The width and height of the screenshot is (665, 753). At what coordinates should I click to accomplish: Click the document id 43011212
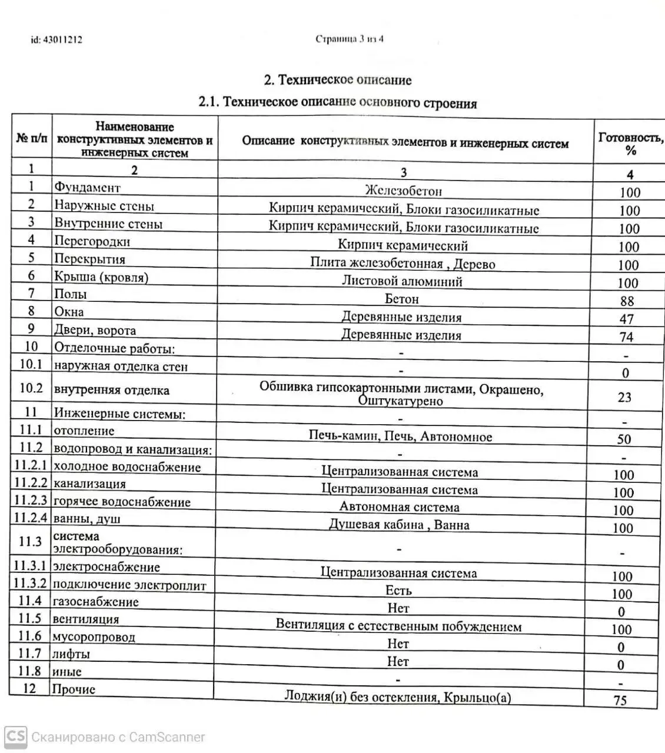coord(56,40)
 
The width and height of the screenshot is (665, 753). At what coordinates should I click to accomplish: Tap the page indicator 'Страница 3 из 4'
coord(350,39)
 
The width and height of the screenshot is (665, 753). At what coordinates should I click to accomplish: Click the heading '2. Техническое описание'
coord(338,80)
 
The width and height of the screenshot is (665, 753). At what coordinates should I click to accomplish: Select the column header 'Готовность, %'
coord(630,144)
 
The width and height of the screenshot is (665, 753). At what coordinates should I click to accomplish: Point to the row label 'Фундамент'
coord(87,188)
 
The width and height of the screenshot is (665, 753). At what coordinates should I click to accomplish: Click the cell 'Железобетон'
coord(403,191)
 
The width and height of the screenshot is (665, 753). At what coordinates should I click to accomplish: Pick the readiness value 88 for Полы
coord(627,301)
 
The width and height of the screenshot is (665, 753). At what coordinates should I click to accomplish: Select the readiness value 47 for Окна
coord(627,319)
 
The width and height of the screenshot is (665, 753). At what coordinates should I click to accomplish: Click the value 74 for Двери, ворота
coord(626,337)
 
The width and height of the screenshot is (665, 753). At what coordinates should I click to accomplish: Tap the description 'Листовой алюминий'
coord(402,281)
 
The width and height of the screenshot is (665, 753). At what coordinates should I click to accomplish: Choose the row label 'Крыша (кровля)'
coord(101,277)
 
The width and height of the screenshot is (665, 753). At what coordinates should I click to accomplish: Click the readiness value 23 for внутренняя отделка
coord(624,397)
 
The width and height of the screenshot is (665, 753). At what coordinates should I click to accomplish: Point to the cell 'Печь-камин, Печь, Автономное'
coord(400,436)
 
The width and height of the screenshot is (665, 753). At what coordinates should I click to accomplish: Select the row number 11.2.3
coord(30,501)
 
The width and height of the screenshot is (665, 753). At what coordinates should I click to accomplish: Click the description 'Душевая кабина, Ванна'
coord(399,525)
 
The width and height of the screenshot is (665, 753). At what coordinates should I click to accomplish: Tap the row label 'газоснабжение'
coord(95,602)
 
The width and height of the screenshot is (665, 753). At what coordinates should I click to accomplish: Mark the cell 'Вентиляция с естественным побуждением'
coord(398,626)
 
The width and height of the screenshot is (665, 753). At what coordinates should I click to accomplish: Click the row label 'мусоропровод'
coord(94,637)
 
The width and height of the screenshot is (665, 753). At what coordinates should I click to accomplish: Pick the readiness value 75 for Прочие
coord(620,700)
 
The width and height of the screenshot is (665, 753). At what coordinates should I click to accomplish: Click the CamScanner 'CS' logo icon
coord(15,737)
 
